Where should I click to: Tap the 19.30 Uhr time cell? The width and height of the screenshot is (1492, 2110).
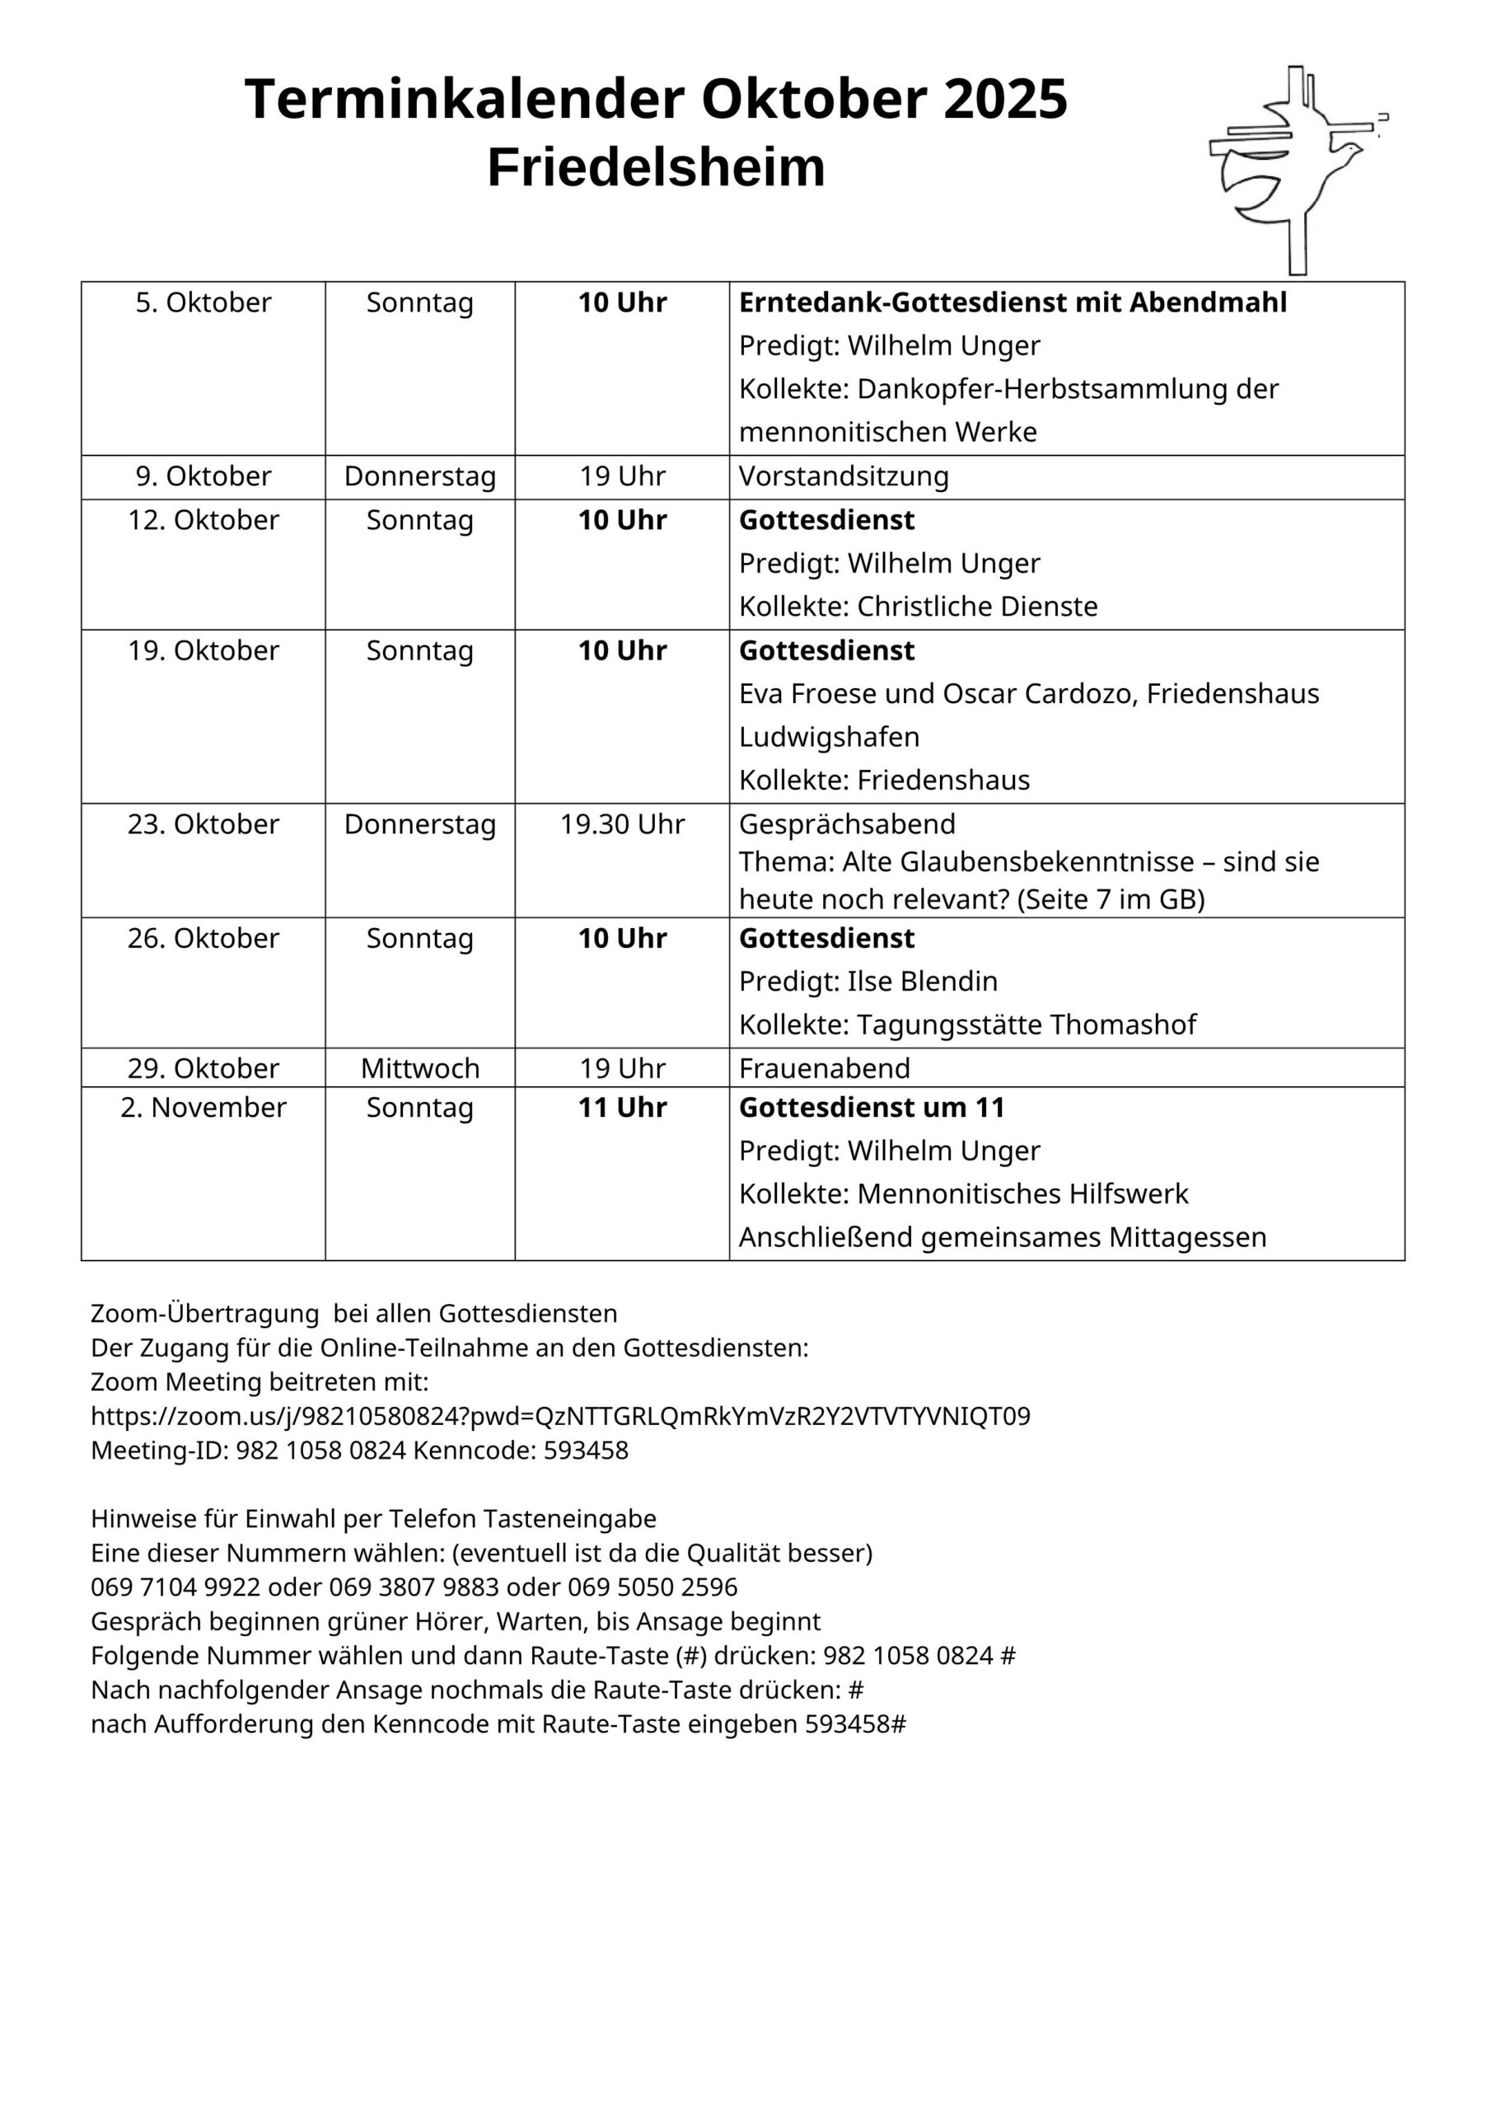(x=622, y=823)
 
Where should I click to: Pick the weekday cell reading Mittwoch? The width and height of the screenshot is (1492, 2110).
(x=420, y=1068)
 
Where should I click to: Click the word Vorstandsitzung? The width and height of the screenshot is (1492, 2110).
(x=844, y=476)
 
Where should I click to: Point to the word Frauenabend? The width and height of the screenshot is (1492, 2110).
(x=824, y=1068)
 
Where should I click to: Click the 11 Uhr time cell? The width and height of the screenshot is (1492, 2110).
(x=622, y=1108)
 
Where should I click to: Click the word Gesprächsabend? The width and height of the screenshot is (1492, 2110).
(x=847, y=823)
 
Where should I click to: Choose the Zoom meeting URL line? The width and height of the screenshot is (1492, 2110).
(x=560, y=1416)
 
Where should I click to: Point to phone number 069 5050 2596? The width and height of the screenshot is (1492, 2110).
(x=652, y=1587)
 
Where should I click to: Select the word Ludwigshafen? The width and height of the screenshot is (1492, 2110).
(x=829, y=737)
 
